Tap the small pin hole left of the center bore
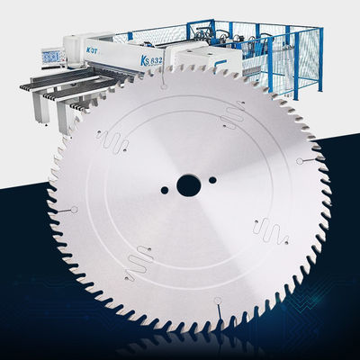pyautogui.click(x=166, y=191)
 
